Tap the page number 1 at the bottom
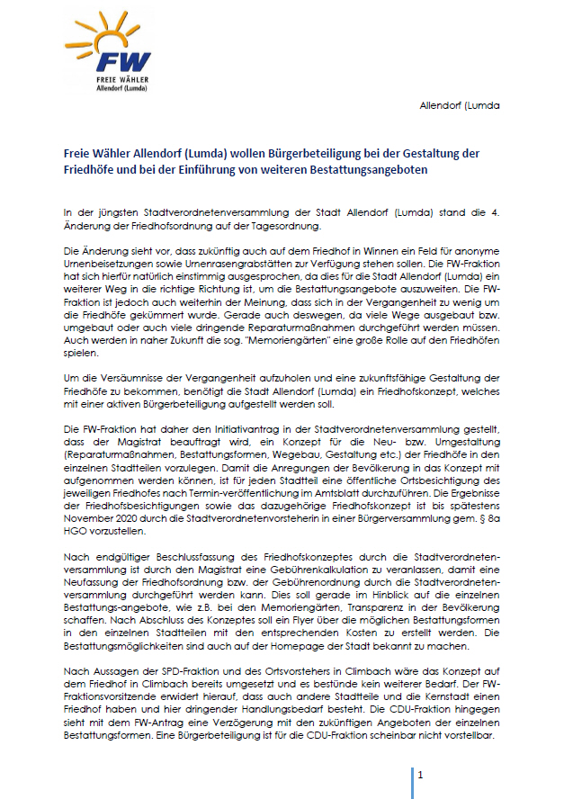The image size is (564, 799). pyautogui.click(x=420, y=775)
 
